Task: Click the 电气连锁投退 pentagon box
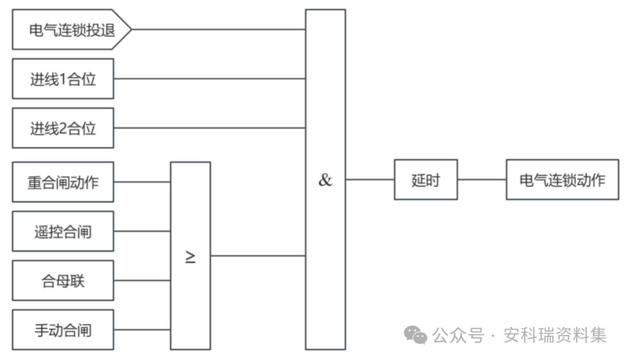72,30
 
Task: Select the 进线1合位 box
63,79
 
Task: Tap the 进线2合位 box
63,128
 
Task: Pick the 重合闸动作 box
63,182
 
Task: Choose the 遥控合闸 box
63,231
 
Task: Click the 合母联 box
63,281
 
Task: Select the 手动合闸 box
63,330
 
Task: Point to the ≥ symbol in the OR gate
191,257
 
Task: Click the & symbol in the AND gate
325,180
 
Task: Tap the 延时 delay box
425,180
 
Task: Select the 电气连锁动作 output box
562,180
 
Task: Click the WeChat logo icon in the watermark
415,334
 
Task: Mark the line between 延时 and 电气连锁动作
482,180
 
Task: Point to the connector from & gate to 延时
370,180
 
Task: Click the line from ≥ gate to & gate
258,256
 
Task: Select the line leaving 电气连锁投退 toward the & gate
219,29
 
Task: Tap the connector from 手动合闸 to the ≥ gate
142,330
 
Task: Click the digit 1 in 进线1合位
63,79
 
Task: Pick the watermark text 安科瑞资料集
555,335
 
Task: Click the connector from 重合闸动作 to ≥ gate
142,182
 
